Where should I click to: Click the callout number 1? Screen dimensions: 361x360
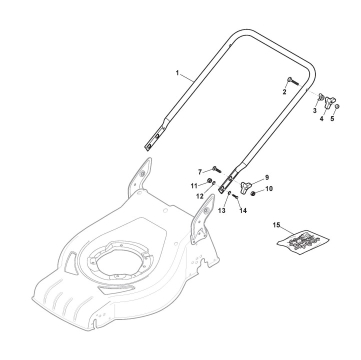(177, 72)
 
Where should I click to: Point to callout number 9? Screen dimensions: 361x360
(266, 177)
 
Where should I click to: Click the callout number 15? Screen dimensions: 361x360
(276, 225)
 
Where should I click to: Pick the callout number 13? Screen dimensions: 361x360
(221, 210)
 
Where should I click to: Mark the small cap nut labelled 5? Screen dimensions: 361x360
(338, 107)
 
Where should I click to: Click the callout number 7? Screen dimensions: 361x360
(199, 171)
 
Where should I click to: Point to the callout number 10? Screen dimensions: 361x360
(269, 188)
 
